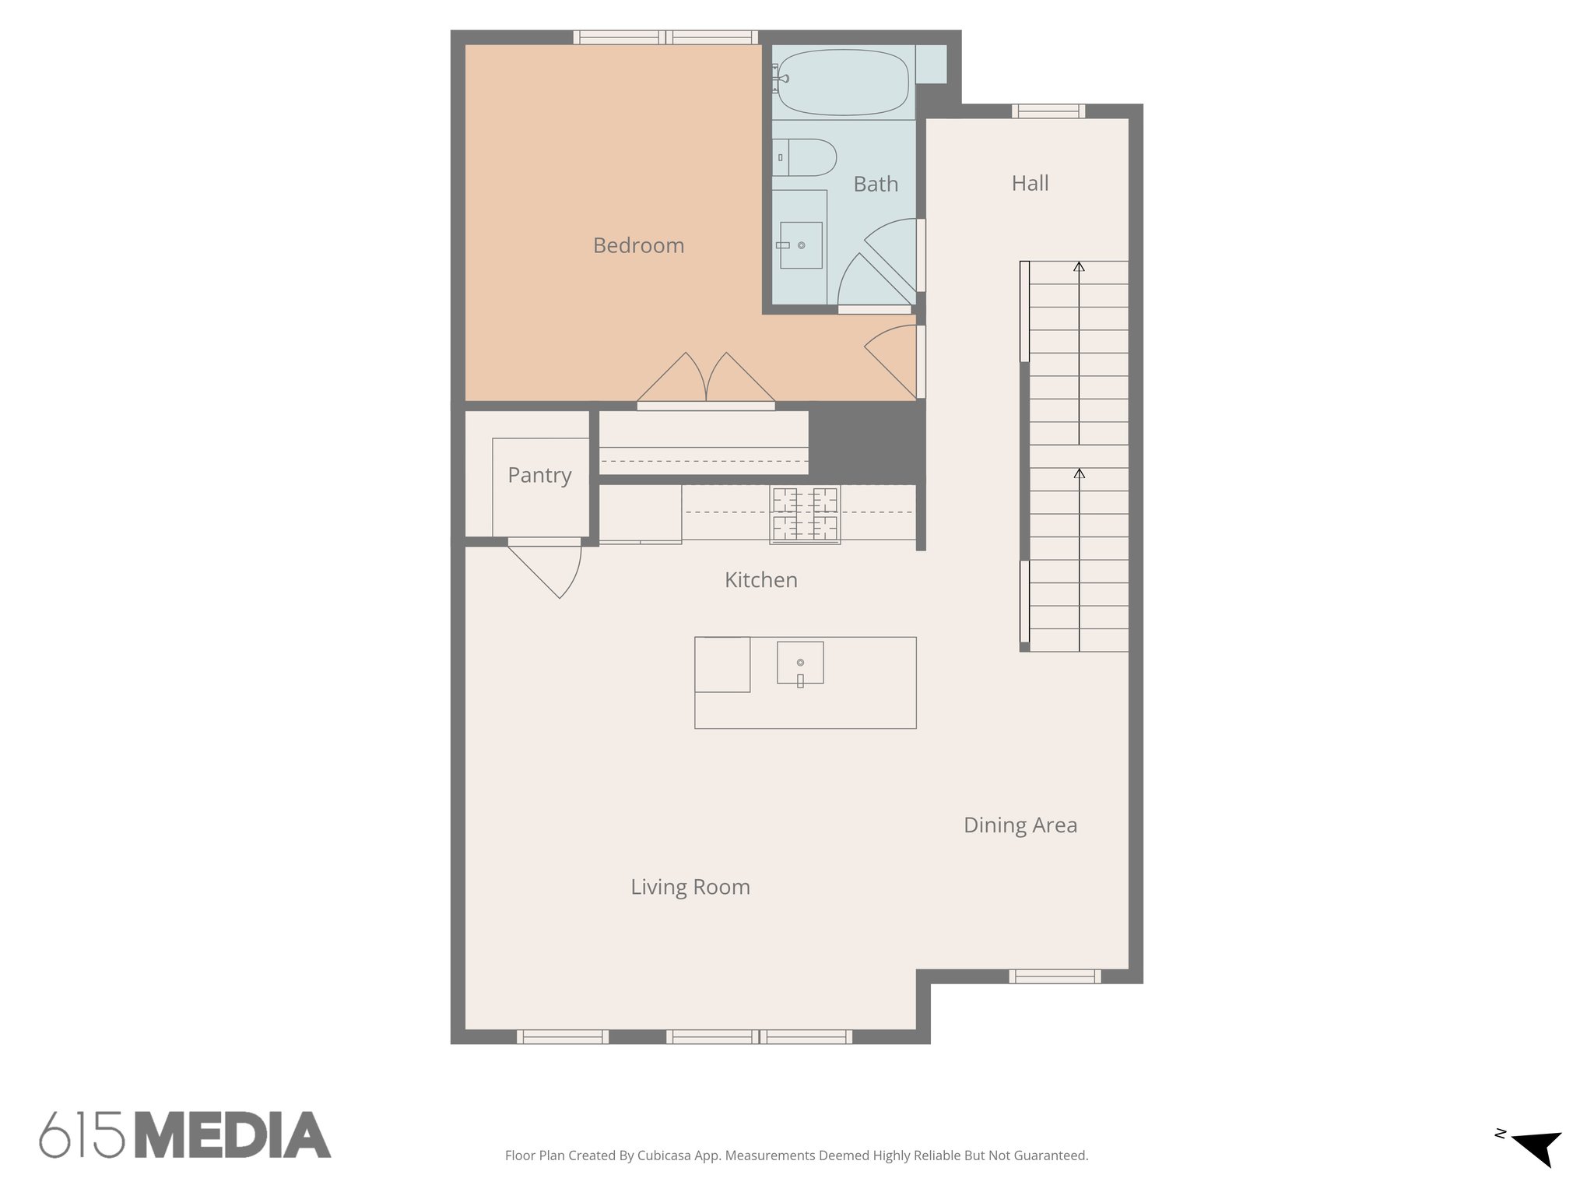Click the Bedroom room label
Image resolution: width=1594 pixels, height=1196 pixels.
[638, 245]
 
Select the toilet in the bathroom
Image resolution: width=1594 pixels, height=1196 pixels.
[806, 157]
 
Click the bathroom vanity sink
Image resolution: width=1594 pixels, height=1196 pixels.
[801, 245]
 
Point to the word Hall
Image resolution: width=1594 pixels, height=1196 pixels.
[1030, 183]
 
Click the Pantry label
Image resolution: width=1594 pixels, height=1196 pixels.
[539, 475]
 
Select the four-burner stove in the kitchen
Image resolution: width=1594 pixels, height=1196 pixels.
[805, 514]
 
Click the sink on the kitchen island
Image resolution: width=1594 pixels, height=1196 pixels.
[800, 663]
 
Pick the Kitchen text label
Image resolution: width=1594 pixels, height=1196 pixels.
[760, 580]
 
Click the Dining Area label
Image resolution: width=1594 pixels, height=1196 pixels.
[1020, 825]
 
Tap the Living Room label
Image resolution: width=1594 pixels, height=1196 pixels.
[690, 887]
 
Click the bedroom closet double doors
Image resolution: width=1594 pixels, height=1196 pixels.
[706, 382]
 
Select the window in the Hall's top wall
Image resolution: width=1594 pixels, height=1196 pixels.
[1048, 111]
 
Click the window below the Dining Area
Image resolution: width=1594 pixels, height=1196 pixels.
[1055, 976]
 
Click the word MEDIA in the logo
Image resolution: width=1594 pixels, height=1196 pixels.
[233, 1135]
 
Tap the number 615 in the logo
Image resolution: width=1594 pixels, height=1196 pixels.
[83, 1135]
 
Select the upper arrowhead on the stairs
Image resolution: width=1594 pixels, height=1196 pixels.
[1079, 267]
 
